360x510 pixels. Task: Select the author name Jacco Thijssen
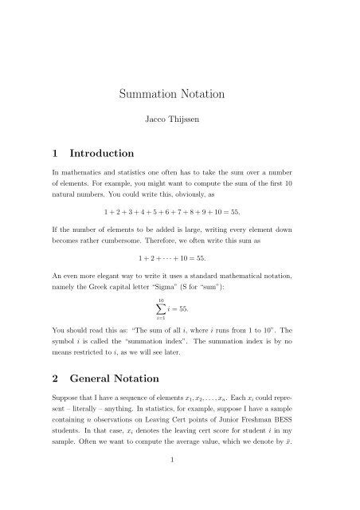point(179,124)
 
